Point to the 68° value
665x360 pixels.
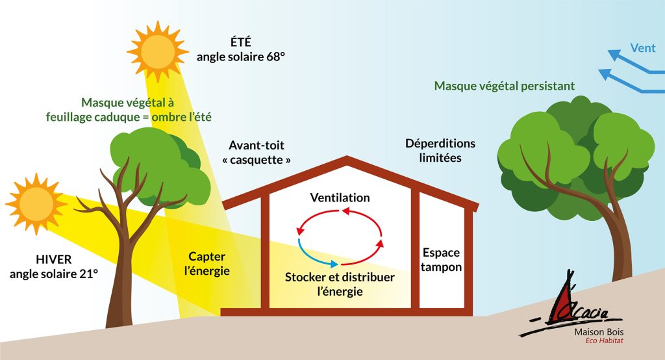pos(273,57)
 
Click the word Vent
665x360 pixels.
pos(642,47)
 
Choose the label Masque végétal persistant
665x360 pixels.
pos(505,86)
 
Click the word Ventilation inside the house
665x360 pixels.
pos(340,198)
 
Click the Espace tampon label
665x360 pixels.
pos(442,260)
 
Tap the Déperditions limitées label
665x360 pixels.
pos(440,150)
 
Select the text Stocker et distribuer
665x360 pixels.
pos(340,277)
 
